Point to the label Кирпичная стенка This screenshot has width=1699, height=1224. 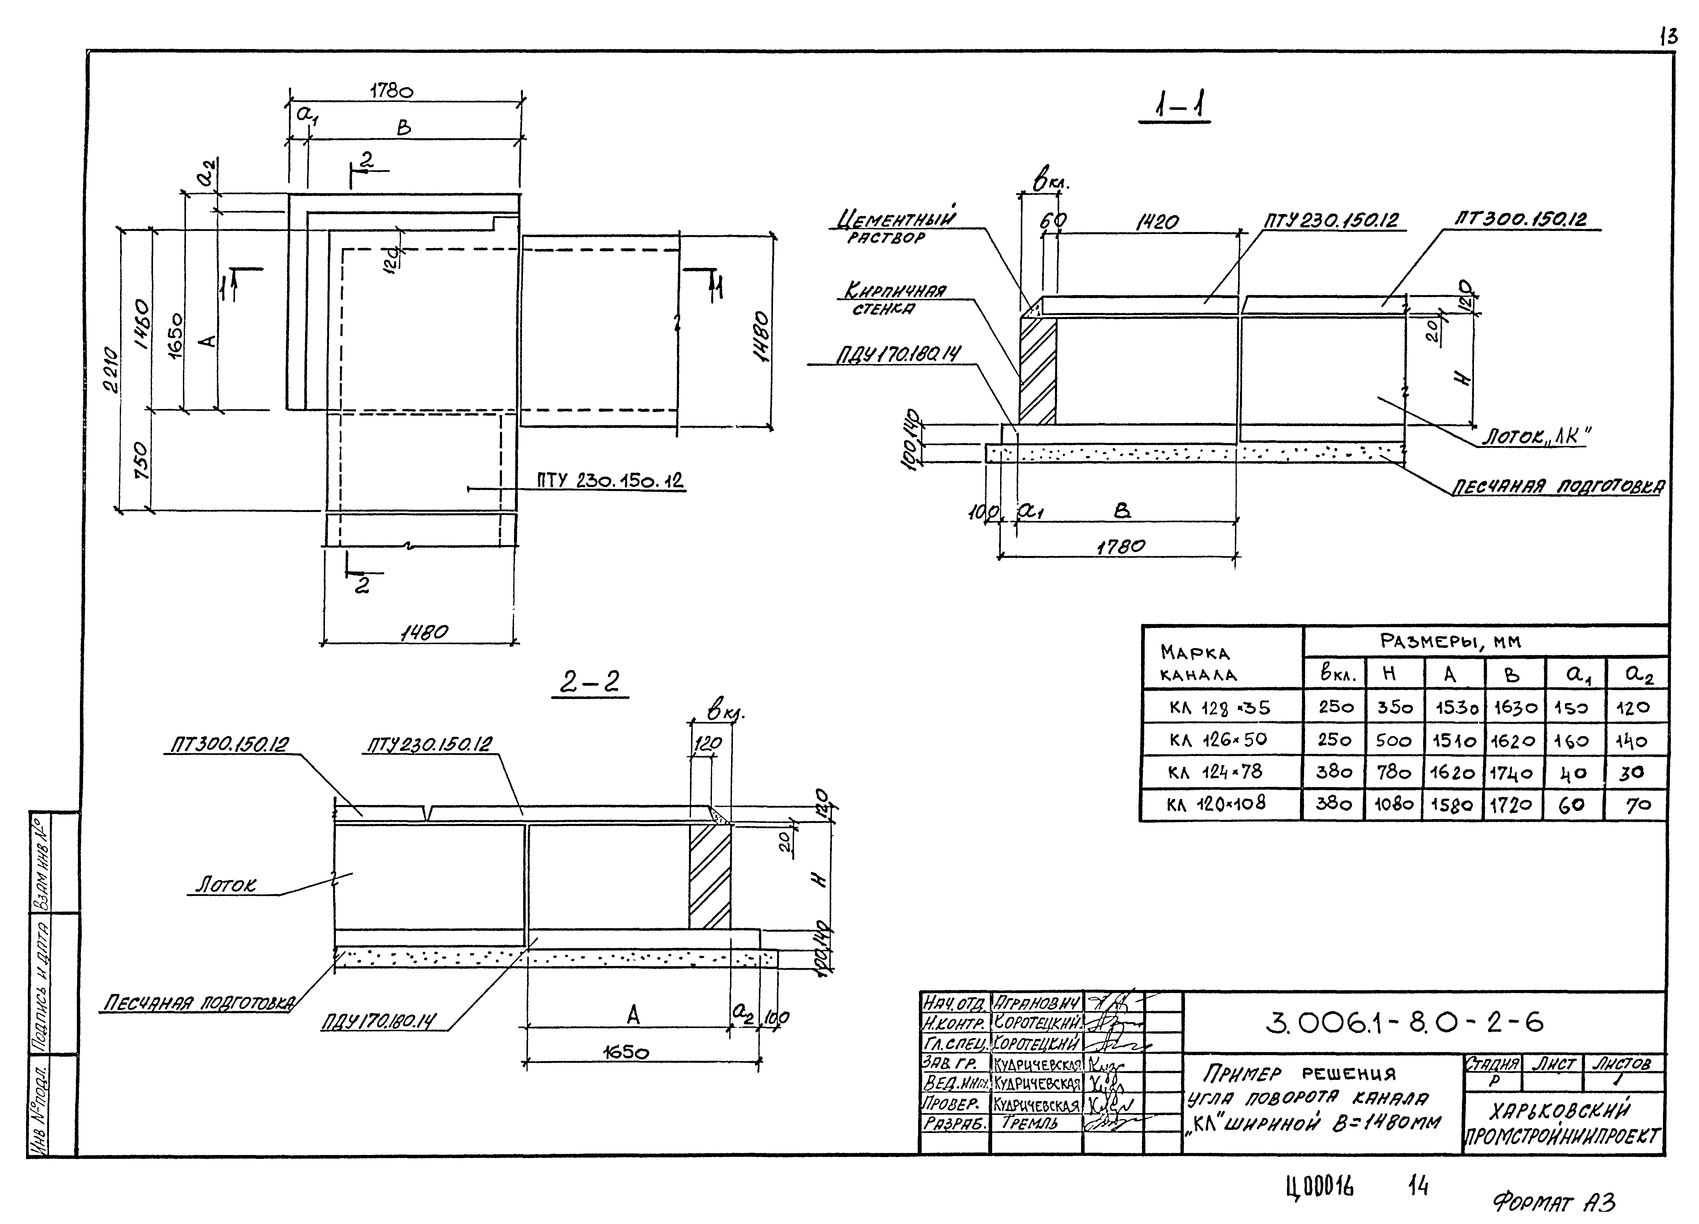click(x=895, y=299)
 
